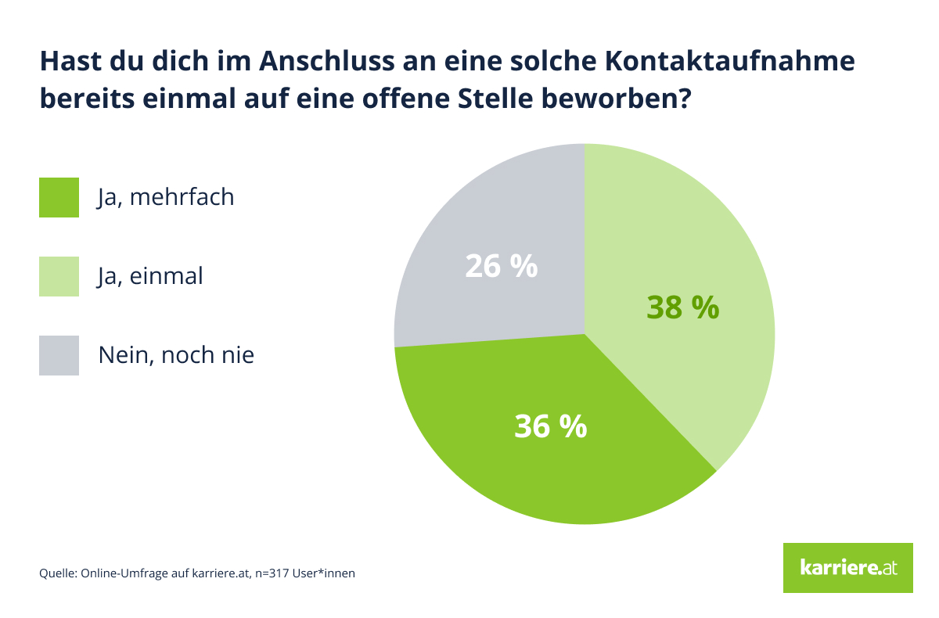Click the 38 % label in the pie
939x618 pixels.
point(682,307)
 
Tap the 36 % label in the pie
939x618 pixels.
point(550,426)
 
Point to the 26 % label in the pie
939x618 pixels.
point(501,266)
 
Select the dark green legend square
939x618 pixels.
point(59,197)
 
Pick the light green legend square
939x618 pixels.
point(59,276)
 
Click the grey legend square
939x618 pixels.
point(59,355)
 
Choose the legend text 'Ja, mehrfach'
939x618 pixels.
point(166,197)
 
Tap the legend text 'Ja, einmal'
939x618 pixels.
point(150,276)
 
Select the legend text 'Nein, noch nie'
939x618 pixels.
point(176,355)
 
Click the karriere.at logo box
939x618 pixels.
point(847,567)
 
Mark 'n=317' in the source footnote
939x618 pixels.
point(272,573)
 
